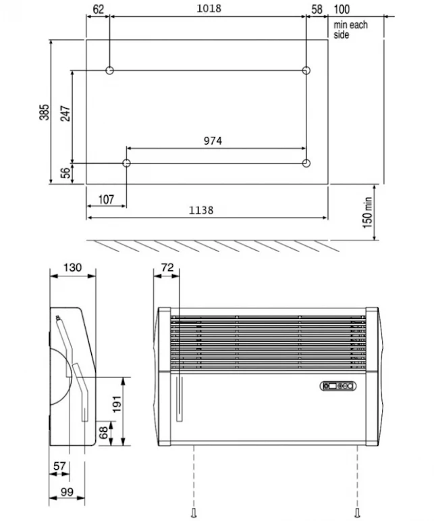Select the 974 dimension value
click(x=213, y=141)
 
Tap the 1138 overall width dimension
click(x=201, y=210)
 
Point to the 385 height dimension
click(x=44, y=111)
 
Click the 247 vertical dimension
click(x=64, y=112)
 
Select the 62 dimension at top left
click(x=99, y=9)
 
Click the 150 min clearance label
click(x=368, y=212)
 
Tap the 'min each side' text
click(x=350, y=30)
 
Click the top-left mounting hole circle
click(x=109, y=70)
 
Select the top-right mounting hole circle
click(x=306, y=70)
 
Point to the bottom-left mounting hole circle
click(x=126, y=163)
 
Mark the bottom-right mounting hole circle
click(x=306, y=163)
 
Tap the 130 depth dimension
click(x=72, y=268)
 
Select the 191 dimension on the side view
click(x=117, y=403)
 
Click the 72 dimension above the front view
click(x=167, y=268)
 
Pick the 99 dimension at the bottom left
click(x=66, y=492)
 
